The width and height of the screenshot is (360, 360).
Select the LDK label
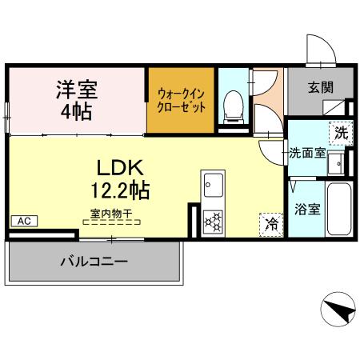[120, 169]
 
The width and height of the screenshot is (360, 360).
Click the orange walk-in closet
[182, 101]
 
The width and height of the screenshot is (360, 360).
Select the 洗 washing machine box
[342, 133]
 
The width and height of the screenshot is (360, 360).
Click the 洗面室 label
[306, 151]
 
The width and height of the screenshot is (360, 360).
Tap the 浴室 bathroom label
[307, 210]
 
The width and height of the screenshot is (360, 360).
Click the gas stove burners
[214, 219]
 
